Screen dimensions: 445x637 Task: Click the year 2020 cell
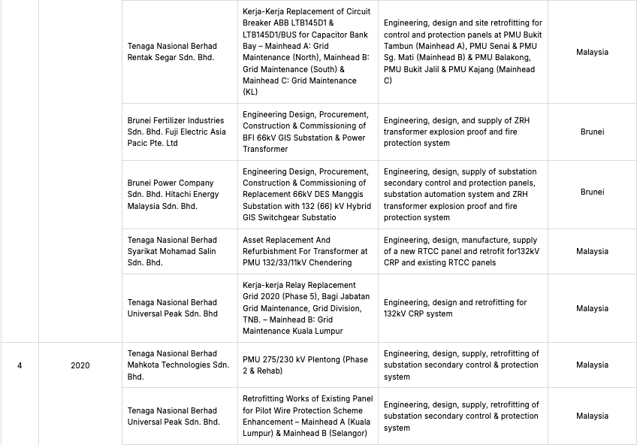[x=80, y=365]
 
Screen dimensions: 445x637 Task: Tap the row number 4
[x=20, y=365]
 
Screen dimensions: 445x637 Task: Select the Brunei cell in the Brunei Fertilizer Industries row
[x=592, y=132]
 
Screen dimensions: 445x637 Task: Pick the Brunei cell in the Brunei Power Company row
[x=592, y=192]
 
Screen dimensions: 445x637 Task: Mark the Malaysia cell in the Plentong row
[x=592, y=365]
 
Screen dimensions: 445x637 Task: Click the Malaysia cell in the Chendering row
[x=592, y=252]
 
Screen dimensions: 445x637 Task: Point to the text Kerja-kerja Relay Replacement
[x=299, y=286]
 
